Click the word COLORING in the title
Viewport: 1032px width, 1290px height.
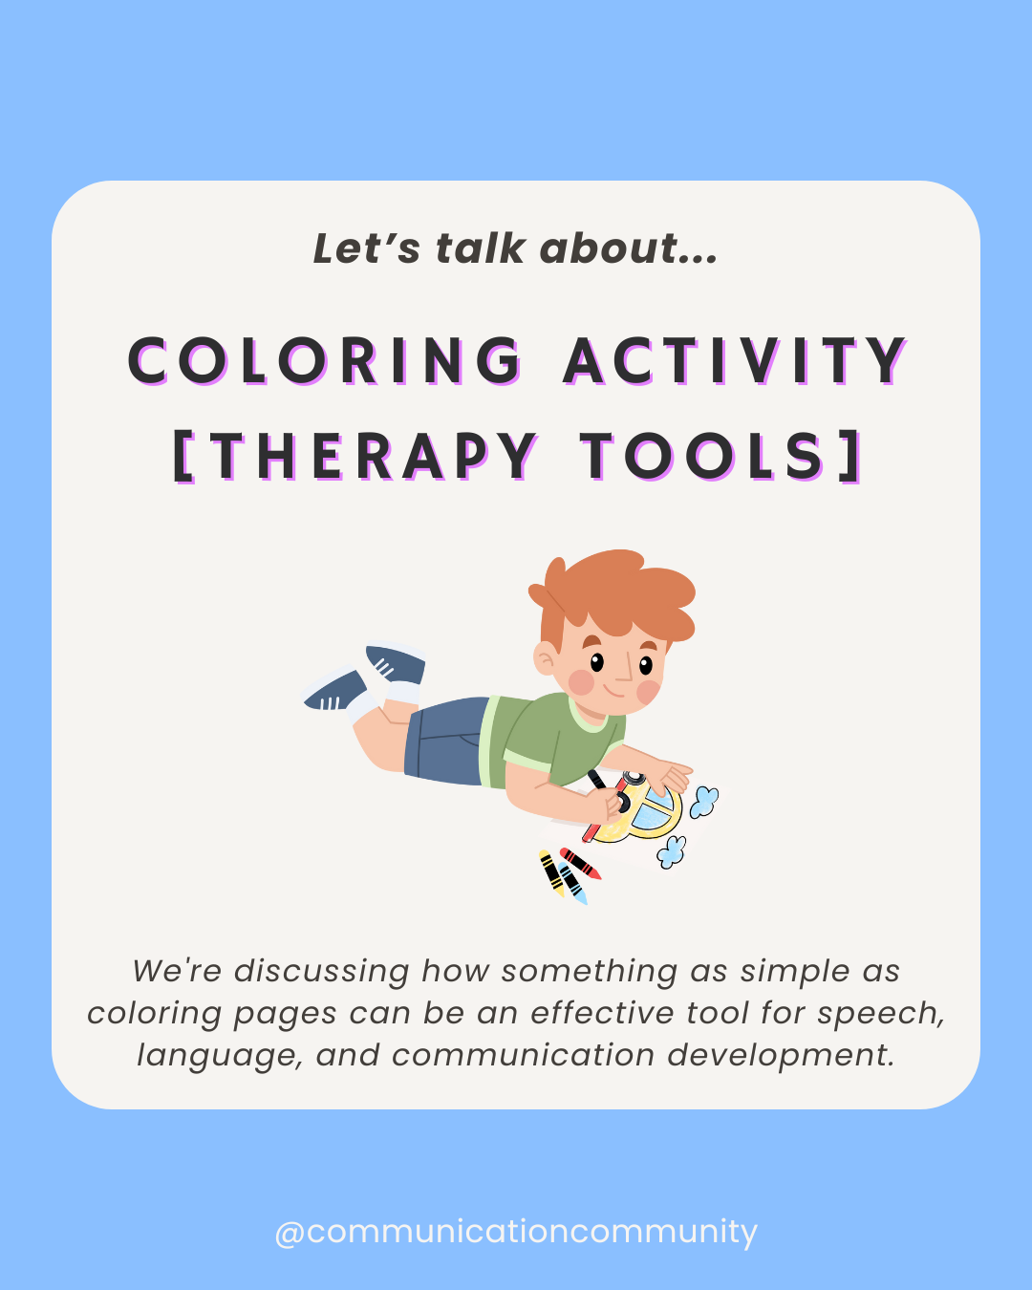point(325,361)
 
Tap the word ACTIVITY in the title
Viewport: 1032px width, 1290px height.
point(735,361)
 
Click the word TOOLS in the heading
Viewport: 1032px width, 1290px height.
point(702,456)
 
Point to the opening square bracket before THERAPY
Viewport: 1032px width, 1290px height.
point(183,456)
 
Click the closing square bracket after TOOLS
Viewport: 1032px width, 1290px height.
point(852,456)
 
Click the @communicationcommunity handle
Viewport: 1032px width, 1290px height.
point(516,1231)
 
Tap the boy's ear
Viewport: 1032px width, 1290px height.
point(545,657)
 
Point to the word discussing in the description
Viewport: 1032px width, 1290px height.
point(322,971)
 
